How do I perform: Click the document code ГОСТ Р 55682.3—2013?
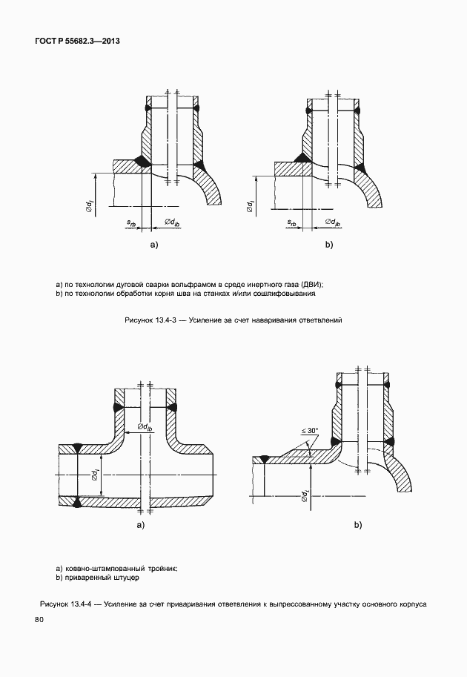click(77, 42)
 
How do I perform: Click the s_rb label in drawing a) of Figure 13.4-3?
click(132, 222)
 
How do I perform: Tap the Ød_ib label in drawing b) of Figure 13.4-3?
click(329, 222)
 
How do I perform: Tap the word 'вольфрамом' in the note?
click(194, 283)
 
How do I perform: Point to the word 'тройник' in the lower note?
click(159, 567)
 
